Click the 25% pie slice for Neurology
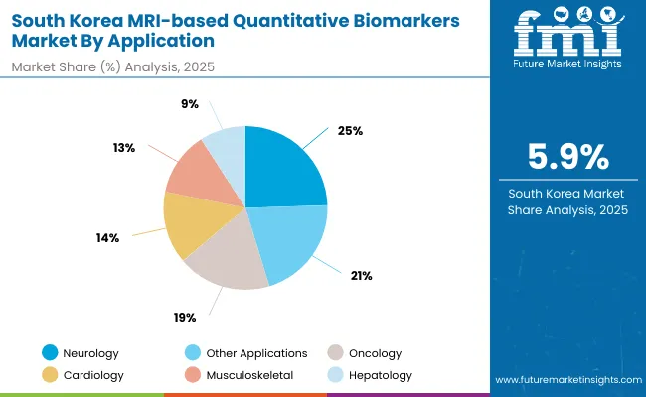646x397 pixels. click(283, 169)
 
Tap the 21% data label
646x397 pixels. click(361, 275)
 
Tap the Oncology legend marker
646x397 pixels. click(336, 353)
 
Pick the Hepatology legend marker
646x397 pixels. click(336, 376)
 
